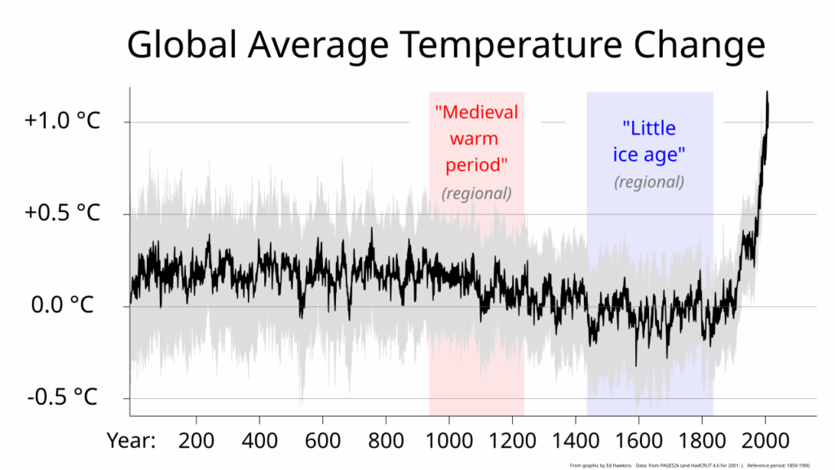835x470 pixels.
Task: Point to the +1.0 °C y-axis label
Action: pos(62,122)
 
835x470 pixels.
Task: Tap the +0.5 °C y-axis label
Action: pos(62,213)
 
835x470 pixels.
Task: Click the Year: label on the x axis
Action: pos(131,441)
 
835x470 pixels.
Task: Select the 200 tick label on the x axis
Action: pos(196,441)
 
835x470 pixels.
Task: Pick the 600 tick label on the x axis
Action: pos(322,441)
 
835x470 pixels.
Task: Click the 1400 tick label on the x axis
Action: pos(575,441)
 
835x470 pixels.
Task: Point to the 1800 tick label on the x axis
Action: pos(701,441)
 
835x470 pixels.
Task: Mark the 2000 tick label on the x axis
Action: pos(765,441)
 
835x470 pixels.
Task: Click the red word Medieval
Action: pos(477,111)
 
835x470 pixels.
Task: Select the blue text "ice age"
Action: pos(649,154)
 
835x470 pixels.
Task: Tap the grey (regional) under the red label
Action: pos(477,193)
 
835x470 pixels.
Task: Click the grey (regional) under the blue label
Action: pos(649,181)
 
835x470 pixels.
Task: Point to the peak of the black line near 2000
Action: pos(767,93)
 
